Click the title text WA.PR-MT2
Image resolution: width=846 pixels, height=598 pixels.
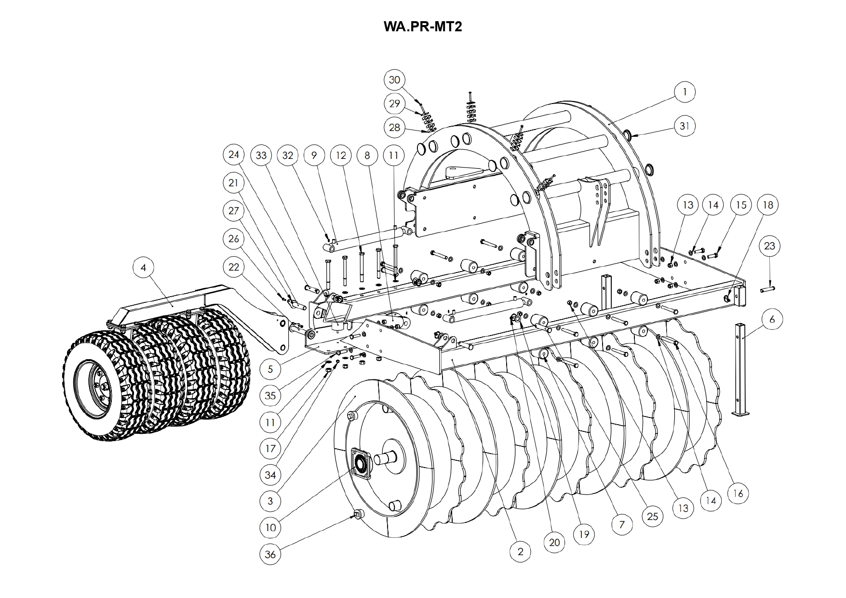coord(423,26)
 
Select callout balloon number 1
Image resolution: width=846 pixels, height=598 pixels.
coord(685,91)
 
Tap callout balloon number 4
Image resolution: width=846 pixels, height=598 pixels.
coord(144,267)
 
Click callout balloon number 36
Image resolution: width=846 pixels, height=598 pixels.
coord(270,554)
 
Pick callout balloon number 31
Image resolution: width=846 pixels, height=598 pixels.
coord(685,126)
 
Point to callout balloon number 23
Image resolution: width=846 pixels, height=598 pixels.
coord(769,246)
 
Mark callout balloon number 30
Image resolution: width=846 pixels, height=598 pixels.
coord(394,80)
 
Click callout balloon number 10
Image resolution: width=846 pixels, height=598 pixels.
coord(270,528)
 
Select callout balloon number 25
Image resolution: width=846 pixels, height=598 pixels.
coord(652,517)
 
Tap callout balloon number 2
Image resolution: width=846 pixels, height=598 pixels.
coord(520,552)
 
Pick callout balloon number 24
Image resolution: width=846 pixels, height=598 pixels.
coord(234,155)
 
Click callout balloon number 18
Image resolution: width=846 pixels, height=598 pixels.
coord(768,205)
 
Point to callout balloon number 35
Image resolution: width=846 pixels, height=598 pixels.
coord(270,395)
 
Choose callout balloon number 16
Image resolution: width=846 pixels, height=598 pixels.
coord(738,494)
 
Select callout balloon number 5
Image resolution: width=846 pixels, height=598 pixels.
coord(270,369)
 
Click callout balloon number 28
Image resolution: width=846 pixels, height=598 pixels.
coord(394,128)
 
